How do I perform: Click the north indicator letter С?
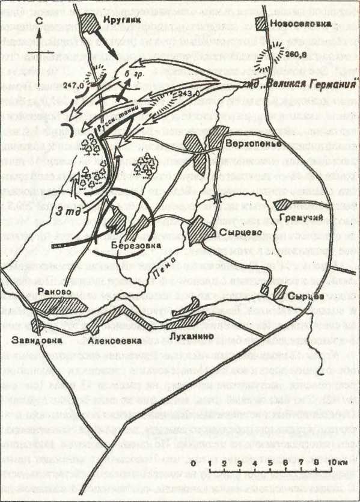click(x=37, y=20)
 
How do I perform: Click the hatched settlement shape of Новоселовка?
click(x=262, y=24)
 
